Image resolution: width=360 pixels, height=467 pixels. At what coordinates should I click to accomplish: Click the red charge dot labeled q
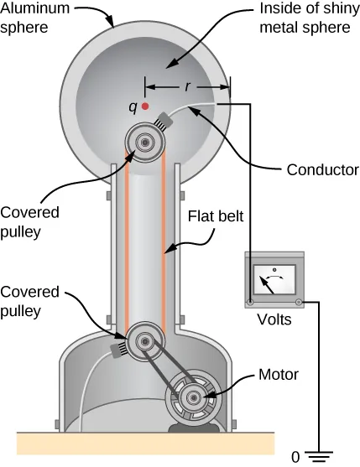[146, 106]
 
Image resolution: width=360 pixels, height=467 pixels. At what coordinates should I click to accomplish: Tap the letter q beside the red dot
[132, 106]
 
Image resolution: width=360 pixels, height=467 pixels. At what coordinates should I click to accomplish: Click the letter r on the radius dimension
[187, 86]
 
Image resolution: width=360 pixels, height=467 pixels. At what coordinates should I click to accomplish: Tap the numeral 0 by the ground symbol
[295, 458]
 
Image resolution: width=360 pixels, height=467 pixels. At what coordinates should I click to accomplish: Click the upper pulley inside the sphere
[145, 143]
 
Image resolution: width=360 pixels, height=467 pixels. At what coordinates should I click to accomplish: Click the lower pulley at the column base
[146, 341]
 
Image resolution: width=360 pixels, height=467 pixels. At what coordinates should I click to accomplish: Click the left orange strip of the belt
[127, 243]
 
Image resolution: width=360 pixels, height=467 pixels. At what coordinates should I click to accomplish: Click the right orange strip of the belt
[164, 243]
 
